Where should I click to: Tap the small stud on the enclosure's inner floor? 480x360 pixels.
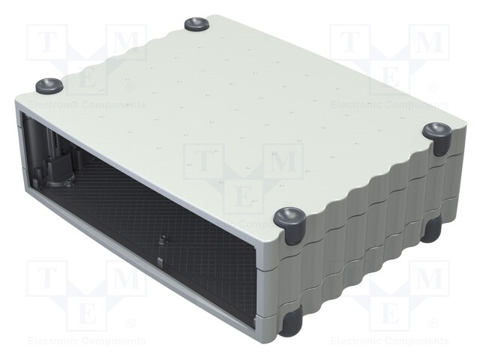162,241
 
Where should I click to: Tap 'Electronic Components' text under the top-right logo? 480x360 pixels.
390,104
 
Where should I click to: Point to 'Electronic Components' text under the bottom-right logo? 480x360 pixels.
390,341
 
